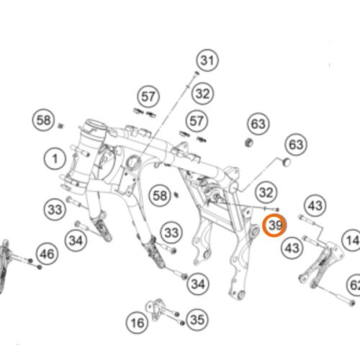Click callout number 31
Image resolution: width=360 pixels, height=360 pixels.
tap(207, 60)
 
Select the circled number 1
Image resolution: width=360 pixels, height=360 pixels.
tap(55, 159)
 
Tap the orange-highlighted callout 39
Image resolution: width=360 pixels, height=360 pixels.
tap(274, 225)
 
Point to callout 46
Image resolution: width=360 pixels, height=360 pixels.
tap(48, 253)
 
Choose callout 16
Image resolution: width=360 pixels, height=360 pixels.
tap(137, 323)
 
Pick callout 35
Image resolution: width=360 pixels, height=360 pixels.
tap(197, 320)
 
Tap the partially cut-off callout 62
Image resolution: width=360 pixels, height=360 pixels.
tap(354, 285)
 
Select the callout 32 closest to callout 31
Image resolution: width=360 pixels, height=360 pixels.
tap(203, 94)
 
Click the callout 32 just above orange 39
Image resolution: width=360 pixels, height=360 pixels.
tap(266, 192)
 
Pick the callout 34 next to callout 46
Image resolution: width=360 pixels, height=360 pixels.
tap(76, 240)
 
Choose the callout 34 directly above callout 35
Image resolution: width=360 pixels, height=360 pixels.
tap(198, 284)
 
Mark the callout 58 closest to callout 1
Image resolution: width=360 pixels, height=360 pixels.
tap(43, 120)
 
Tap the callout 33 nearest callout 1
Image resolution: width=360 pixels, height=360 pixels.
tap(55, 210)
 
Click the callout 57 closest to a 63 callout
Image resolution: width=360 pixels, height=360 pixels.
tap(197, 121)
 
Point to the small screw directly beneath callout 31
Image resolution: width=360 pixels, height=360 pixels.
tap(197, 73)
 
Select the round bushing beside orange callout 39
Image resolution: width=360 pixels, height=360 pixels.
tap(254, 232)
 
